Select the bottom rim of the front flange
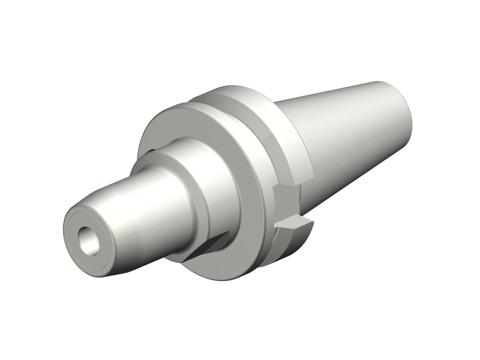[224, 276]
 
